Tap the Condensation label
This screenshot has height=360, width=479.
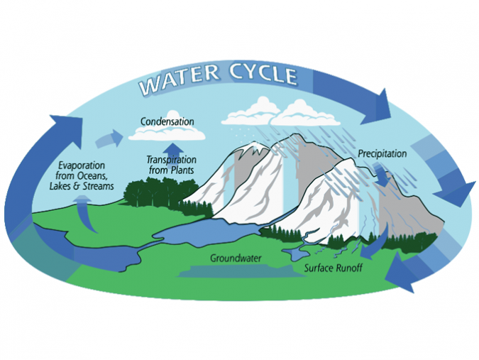(167, 121)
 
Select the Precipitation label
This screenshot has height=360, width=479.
(382, 153)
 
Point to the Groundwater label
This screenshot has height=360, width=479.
(232, 257)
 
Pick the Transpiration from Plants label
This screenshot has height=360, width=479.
(170, 165)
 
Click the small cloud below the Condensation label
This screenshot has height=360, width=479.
(167, 133)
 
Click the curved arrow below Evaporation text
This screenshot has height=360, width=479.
(82, 213)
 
